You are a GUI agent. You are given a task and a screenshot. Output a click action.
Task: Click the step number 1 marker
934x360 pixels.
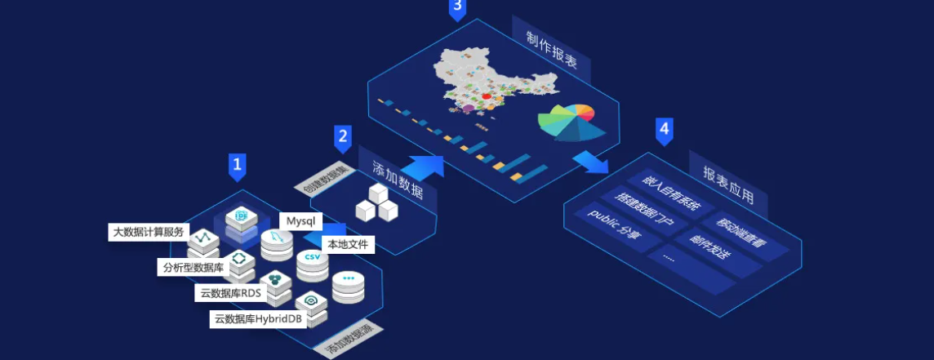[x=237, y=166]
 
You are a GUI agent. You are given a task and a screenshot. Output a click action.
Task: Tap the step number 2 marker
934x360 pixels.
[x=343, y=138]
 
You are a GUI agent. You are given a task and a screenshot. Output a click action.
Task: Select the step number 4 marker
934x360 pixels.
[x=665, y=130]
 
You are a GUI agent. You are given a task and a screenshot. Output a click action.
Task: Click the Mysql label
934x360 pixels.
[x=300, y=221]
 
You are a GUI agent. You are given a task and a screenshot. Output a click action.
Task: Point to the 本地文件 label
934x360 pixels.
[x=347, y=243]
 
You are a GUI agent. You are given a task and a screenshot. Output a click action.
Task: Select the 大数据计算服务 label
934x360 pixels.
[x=149, y=232]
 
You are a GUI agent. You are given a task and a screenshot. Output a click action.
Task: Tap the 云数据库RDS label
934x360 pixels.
[x=230, y=292]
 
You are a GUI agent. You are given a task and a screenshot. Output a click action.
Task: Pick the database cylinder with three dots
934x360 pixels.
[x=349, y=285]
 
